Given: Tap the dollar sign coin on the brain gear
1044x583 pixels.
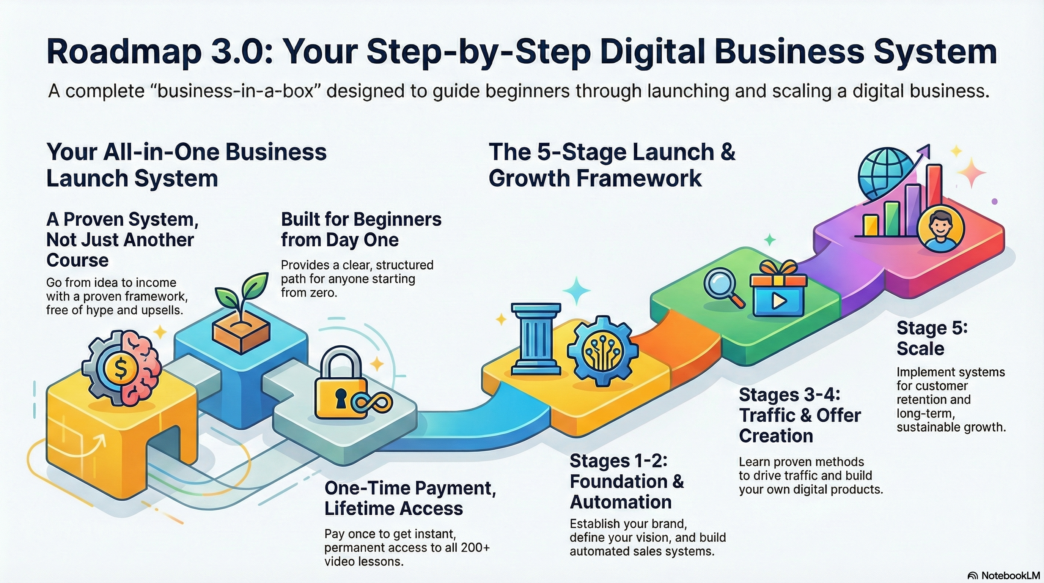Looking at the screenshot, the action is click(120, 369).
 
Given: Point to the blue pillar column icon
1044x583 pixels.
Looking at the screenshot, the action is click(536, 339).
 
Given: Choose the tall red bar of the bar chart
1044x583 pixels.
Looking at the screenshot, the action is click(934, 200).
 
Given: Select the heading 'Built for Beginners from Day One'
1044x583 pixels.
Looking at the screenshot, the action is click(361, 230).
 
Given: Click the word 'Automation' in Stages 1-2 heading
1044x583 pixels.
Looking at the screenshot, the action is click(621, 502).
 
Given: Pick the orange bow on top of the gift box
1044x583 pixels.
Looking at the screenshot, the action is click(778, 268).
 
